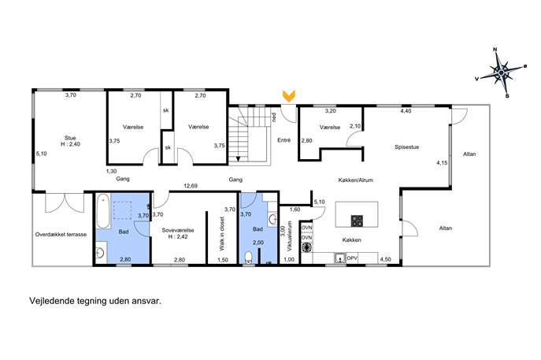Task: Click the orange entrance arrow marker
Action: [288, 96]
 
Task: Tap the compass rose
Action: [501, 72]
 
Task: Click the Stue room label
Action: [70, 141]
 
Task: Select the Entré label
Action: [284, 140]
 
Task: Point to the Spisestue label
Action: [407, 147]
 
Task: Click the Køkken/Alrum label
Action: [355, 180]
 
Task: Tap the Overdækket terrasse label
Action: [61, 235]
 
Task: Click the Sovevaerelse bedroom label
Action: [178, 233]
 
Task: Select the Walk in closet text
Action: [222, 234]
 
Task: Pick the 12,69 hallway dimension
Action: [191, 186]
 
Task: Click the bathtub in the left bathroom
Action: [103, 212]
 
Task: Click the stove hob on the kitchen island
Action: [357, 221]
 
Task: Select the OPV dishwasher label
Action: [352, 258]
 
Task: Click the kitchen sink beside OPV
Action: [340, 258]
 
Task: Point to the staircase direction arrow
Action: [238, 158]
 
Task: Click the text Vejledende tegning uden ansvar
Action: [95, 301]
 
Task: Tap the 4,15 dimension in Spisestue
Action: [442, 163]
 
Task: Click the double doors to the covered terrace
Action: [65, 203]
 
